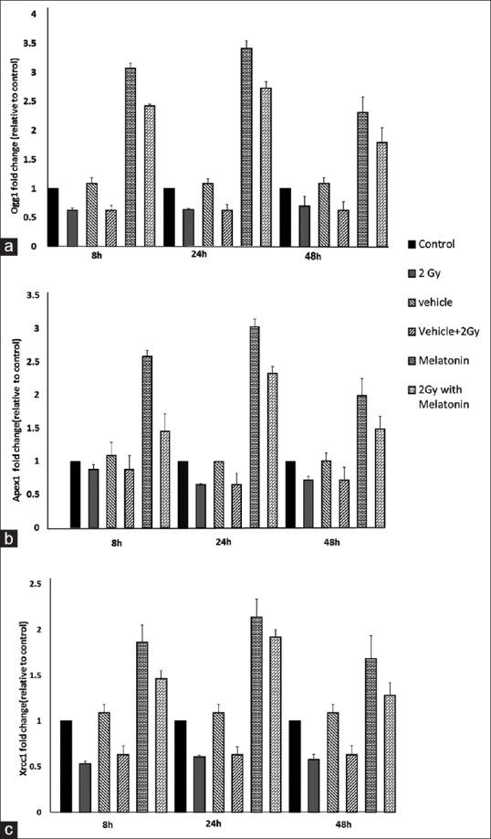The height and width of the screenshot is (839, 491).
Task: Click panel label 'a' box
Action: click(x=10, y=247)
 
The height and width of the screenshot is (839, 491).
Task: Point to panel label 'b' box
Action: click(x=10, y=540)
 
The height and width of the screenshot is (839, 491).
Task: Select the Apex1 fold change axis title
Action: click(x=16, y=413)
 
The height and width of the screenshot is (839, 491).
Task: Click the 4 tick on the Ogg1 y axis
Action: click(x=35, y=15)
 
